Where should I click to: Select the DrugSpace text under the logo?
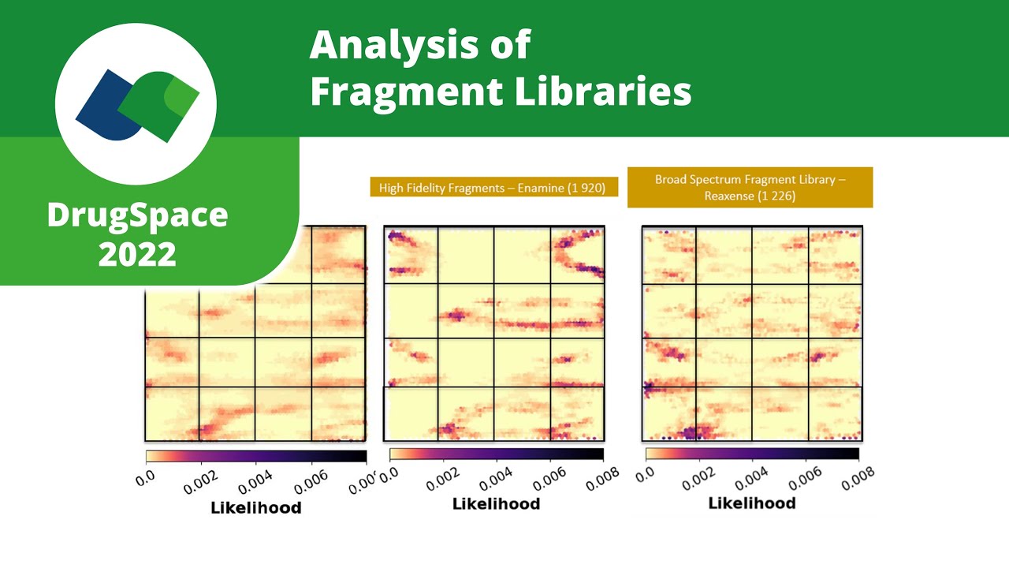(x=137, y=215)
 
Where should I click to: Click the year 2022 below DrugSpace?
(x=137, y=254)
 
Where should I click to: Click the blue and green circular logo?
(x=136, y=105)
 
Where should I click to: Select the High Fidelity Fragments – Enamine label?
(x=493, y=188)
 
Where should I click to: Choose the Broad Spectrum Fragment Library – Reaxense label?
(x=750, y=187)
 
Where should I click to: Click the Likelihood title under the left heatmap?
(x=255, y=508)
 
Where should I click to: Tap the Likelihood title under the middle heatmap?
(x=496, y=504)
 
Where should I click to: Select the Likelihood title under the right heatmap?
(x=752, y=503)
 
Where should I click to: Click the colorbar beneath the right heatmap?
(x=752, y=454)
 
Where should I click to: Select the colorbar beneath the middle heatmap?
(x=497, y=454)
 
